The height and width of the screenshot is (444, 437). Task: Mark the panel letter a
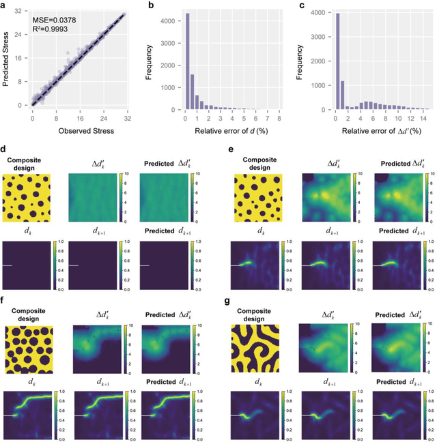coord(5,5)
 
